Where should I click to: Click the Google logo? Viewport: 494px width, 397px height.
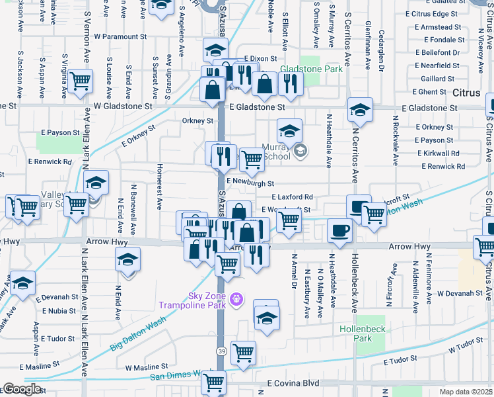(22, 388)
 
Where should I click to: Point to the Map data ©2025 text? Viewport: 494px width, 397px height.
(466, 392)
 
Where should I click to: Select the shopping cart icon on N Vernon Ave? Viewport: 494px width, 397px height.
(80, 81)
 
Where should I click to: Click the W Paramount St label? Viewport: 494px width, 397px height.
(124, 37)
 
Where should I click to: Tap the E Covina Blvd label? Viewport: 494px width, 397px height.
(293, 383)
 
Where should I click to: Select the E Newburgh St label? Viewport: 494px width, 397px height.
(250, 183)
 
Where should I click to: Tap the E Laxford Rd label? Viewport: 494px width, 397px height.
(291, 197)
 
